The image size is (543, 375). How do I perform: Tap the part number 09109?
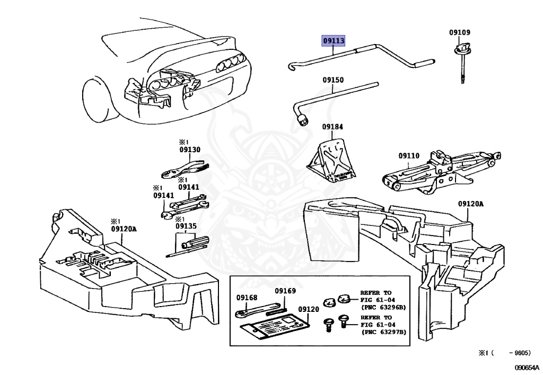[x=459, y=33]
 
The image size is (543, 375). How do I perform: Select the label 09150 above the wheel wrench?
[x=333, y=80]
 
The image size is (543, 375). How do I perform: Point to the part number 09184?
[x=332, y=127]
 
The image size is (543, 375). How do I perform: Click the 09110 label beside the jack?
[x=409, y=156]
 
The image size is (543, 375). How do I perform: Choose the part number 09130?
[x=189, y=150]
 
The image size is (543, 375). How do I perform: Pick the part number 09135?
[x=186, y=226]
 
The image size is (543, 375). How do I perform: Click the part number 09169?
[x=285, y=291]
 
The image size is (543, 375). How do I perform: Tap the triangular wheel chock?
[x=332, y=159]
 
